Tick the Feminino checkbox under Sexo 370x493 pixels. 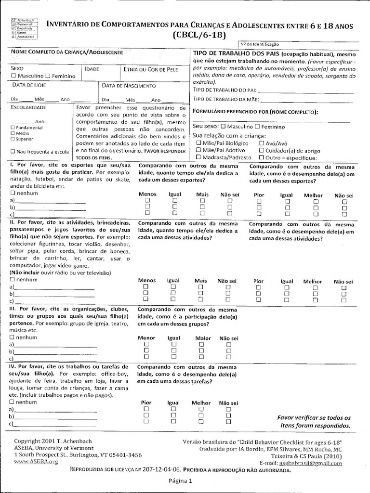pos(48,76)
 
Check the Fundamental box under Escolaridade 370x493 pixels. pos(12,128)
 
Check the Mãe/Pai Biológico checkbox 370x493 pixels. pos(198,143)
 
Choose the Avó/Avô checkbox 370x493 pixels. pos(261,143)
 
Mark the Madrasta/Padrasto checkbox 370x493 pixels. pos(198,157)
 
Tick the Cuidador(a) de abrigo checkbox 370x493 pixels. pos(261,150)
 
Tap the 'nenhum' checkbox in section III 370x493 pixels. pos(12,337)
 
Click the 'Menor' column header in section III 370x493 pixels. pos(146,338)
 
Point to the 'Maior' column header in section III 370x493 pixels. pos(203,338)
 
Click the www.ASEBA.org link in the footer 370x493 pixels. pos(36,461)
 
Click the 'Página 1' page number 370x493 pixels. pos(180,480)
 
